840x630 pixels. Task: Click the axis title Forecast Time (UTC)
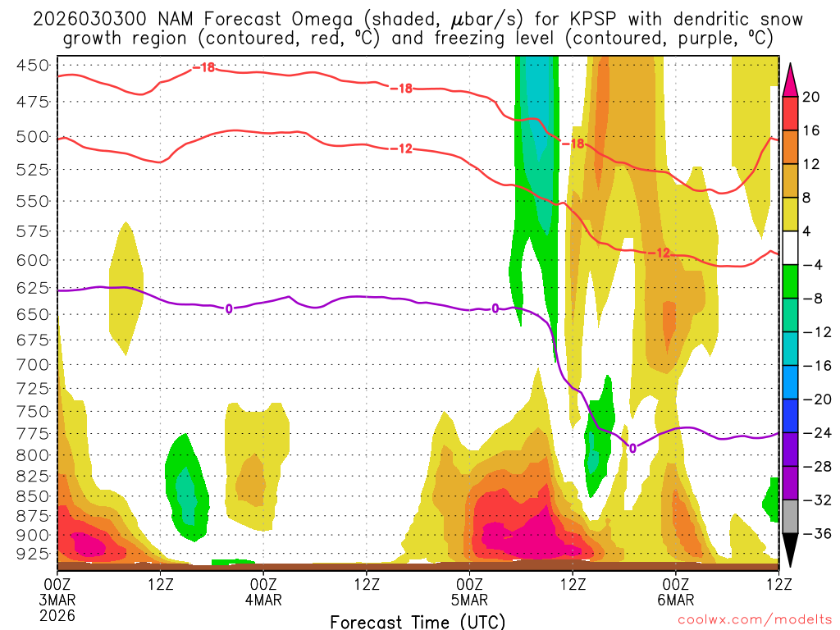click(x=418, y=621)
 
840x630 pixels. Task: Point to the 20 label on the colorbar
click(x=811, y=97)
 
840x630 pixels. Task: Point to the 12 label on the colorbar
click(x=811, y=164)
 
